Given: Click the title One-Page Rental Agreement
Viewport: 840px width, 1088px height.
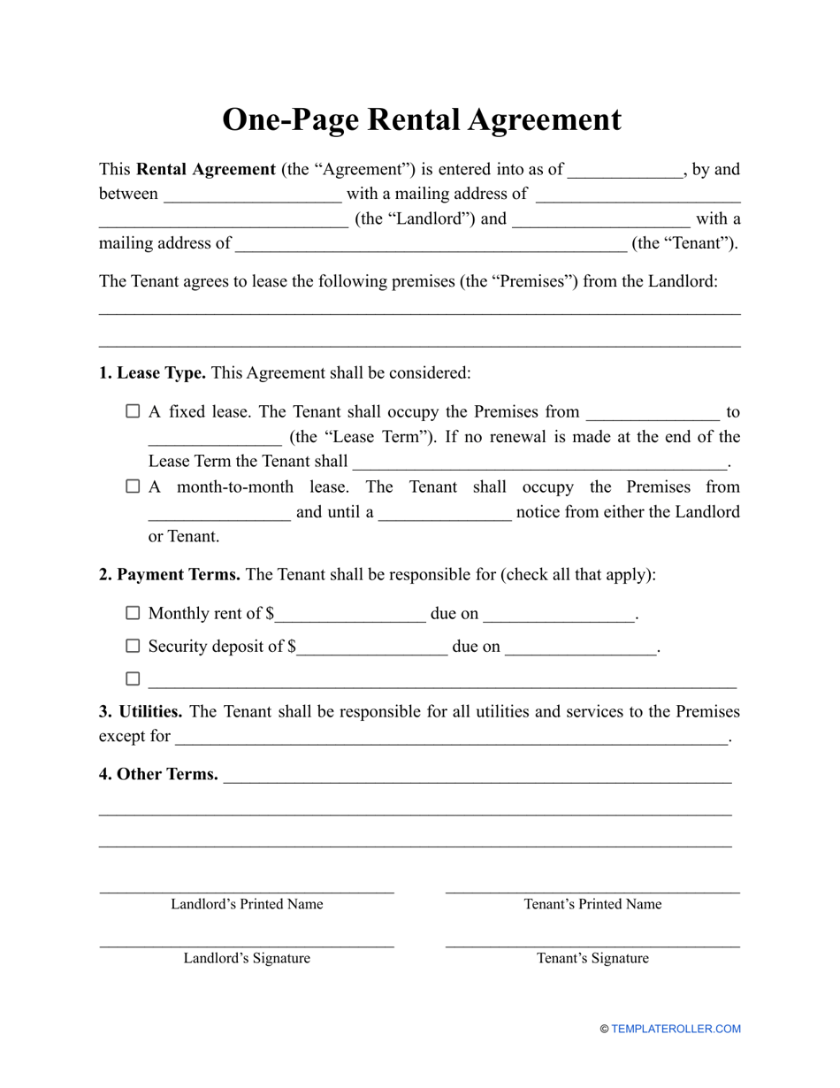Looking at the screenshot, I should coord(421,119).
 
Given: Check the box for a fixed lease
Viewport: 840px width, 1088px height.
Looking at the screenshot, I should coord(133,411).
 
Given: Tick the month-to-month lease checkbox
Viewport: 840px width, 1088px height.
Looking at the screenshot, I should coord(133,487).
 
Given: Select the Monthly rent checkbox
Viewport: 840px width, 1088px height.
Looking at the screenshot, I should coord(133,613).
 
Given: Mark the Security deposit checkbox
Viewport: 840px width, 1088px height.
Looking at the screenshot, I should coord(133,646).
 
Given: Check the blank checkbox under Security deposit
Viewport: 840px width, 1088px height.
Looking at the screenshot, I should coord(133,679).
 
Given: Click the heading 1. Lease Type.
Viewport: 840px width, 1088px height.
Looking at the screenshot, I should coord(152,373).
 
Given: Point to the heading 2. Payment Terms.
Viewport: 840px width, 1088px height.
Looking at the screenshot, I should coord(169,575).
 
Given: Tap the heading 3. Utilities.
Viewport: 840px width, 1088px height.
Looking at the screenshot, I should coord(141,711).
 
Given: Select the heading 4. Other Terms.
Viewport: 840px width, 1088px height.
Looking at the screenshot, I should coord(158,774).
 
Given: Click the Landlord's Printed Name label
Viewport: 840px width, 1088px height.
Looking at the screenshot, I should coord(247,904).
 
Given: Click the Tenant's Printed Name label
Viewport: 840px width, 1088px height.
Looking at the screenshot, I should coord(592,904).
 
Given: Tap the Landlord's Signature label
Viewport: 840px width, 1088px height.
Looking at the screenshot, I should coord(247,958).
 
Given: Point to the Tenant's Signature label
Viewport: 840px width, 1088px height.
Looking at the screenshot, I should coord(592,958).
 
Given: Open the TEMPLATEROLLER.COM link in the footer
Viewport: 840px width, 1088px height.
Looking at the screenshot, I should coord(676,1029).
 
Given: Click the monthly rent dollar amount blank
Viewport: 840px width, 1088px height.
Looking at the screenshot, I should coord(350,615).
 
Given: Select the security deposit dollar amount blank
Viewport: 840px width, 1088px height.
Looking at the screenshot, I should coord(372,647).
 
